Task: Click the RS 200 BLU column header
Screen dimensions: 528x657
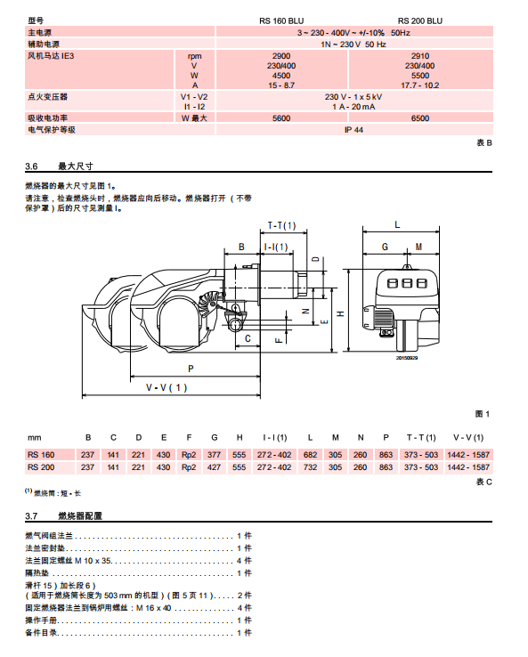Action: point(420,21)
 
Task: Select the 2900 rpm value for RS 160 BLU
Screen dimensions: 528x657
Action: point(281,56)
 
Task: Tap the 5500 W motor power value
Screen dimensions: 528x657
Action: point(420,76)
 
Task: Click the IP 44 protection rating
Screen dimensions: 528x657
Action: point(353,130)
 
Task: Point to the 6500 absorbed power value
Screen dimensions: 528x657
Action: point(420,118)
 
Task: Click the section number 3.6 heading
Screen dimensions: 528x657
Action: point(31,166)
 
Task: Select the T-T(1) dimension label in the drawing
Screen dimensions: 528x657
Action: point(281,226)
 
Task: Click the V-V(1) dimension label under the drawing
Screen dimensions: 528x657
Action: point(167,387)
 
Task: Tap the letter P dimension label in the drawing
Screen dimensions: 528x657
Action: point(191,369)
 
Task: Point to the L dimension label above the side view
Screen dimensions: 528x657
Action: point(397,225)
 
